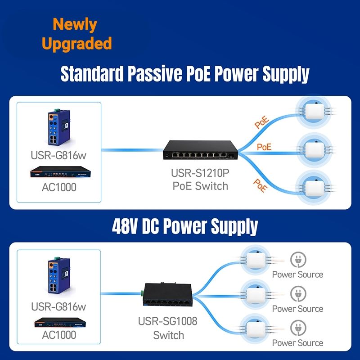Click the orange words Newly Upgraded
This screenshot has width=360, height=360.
pyautogui.click(x=76, y=34)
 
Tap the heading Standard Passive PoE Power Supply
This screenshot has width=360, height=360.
pyautogui.click(x=185, y=73)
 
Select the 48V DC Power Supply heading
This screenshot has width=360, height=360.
pyautogui.click(x=185, y=226)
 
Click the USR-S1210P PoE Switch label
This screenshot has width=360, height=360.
pyautogui.click(x=200, y=179)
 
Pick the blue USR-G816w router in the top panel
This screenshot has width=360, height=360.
pyautogui.click(x=58, y=128)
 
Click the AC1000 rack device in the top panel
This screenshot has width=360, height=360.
pyautogui.click(x=58, y=173)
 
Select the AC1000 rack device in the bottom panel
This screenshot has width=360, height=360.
pyautogui.click(x=58, y=323)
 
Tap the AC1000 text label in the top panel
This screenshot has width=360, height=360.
pyautogui.click(x=59, y=187)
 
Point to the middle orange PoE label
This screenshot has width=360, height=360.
pyautogui.click(x=264, y=147)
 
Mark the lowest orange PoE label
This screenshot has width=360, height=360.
pyautogui.click(x=260, y=185)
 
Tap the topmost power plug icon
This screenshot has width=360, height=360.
pyautogui.click(x=297, y=260)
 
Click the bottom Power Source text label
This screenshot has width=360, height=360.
pyautogui.click(x=297, y=343)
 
